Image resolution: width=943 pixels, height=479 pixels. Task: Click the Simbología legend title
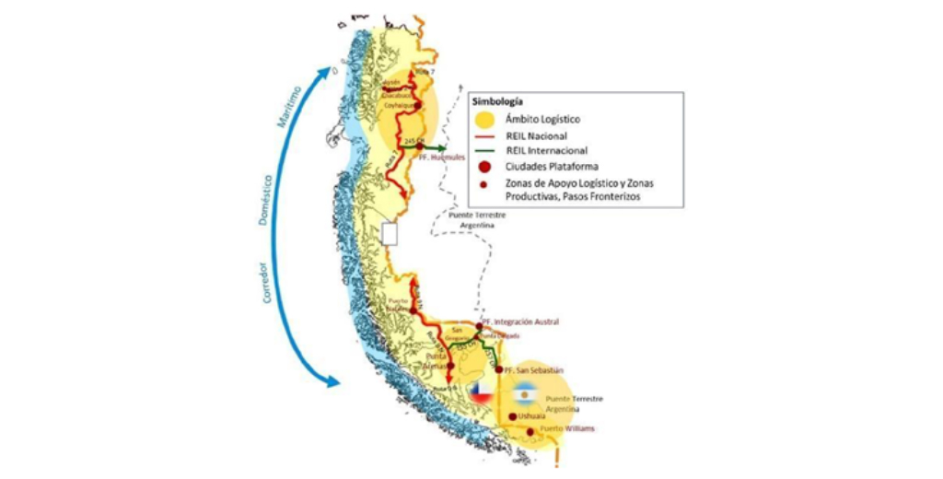click(x=500, y=100)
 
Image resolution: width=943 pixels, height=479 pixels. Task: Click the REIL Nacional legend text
click(x=532, y=134)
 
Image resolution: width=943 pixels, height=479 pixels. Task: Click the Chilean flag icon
click(x=478, y=392)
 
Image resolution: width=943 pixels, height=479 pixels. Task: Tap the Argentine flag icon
click(x=525, y=396)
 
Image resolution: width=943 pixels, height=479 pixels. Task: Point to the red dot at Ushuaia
click(x=513, y=416)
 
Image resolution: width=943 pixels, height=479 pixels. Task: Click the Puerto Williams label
click(x=567, y=429)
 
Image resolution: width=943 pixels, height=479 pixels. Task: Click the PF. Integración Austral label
click(x=529, y=322)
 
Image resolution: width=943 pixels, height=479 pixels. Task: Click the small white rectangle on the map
click(x=389, y=233)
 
